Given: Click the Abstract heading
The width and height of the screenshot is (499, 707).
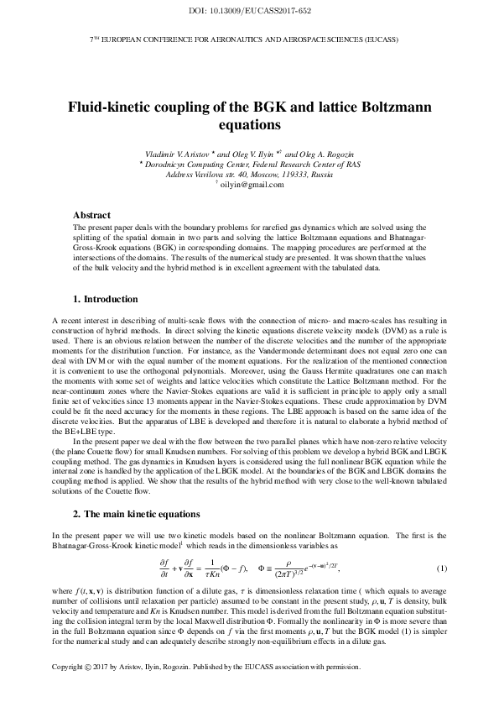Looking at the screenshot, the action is click(x=92, y=216).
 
